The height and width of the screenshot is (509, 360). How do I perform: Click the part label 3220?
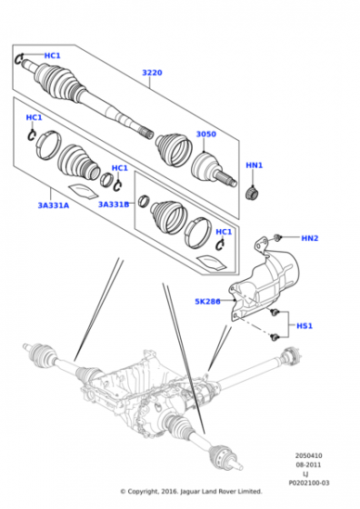pyautogui.click(x=152, y=73)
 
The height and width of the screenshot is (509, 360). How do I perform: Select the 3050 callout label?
pyautogui.click(x=205, y=135)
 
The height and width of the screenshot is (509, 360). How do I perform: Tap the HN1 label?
pyautogui.click(x=255, y=165)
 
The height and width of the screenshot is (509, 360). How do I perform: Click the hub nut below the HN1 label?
pyautogui.click(x=252, y=193)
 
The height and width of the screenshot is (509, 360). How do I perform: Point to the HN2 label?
pyautogui.click(x=310, y=238)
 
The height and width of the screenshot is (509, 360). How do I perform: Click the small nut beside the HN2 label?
pyautogui.click(x=277, y=237)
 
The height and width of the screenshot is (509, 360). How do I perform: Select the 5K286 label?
pyautogui.click(x=207, y=302)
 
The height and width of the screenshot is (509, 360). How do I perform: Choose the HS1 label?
pyautogui.click(x=305, y=325)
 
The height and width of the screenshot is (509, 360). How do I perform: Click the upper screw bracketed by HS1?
pyautogui.click(x=275, y=313)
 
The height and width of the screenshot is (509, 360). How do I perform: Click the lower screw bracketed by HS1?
pyautogui.click(x=275, y=337)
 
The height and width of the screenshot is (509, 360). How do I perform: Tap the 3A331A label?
pyautogui.click(x=54, y=205)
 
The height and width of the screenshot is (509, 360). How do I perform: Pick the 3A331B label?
pyautogui.click(x=114, y=205)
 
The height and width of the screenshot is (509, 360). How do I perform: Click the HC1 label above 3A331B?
pyautogui.click(x=120, y=168)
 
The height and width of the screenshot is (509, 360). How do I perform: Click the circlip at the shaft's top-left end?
pyautogui.click(x=18, y=58)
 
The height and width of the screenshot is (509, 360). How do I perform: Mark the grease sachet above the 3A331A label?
pyautogui.click(x=83, y=191)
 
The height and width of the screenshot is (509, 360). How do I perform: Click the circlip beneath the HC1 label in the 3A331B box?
pyautogui.click(x=220, y=245)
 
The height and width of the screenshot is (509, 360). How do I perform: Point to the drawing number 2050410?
pyautogui.click(x=309, y=455)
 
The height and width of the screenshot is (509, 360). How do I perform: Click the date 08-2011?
pyautogui.click(x=308, y=464)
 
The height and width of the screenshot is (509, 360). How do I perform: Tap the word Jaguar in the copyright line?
pyautogui.click(x=190, y=492)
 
